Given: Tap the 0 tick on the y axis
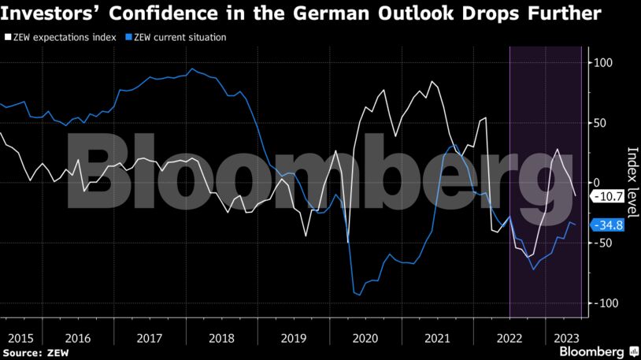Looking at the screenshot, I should pos(596,183).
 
